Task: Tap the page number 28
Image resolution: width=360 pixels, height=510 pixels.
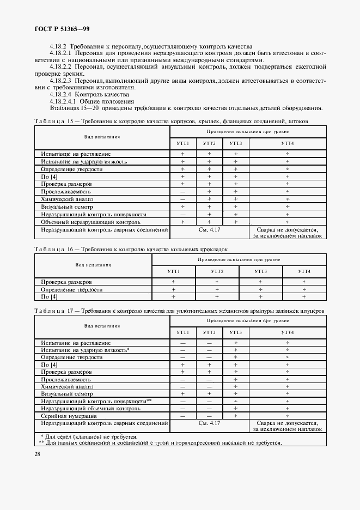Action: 37,453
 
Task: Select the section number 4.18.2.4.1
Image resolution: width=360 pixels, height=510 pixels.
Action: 63,101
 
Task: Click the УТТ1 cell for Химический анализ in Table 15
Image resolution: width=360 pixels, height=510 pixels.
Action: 182,199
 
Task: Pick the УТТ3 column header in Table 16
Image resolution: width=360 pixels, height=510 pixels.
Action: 260,271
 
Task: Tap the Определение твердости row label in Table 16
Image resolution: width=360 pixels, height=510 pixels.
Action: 72,289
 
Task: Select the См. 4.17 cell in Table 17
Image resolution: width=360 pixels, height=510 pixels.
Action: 209,423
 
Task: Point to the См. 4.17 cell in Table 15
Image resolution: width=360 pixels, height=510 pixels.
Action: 209,230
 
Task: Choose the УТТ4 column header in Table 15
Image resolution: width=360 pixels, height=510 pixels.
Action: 287,143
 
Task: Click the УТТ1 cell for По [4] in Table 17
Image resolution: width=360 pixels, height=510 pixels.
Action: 182,364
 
